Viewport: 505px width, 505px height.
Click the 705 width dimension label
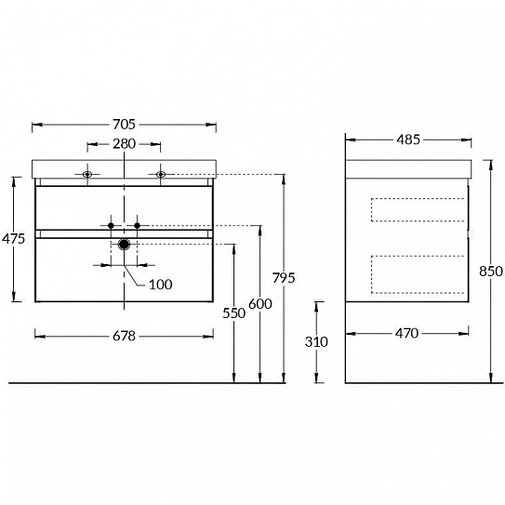pyautogui.click(x=124, y=125)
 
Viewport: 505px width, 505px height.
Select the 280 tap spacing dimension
pyautogui.click(x=124, y=144)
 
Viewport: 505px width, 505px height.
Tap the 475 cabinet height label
pyautogui.click(x=14, y=239)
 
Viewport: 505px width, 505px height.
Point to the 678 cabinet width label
pyautogui.click(x=124, y=337)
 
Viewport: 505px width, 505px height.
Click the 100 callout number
pyautogui.click(x=160, y=285)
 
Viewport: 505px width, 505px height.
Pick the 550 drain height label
pyautogui.click(x=234, y=313)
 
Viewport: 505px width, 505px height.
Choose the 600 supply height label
pyautogui.click(x=260, y=304)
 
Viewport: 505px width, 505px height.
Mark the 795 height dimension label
pyautogui.click(x=284, y=278)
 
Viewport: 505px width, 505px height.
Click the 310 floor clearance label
pyautogui.click(x=316, y=341)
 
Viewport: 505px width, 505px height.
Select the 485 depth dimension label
pyautogui.click(x=408, y=140)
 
